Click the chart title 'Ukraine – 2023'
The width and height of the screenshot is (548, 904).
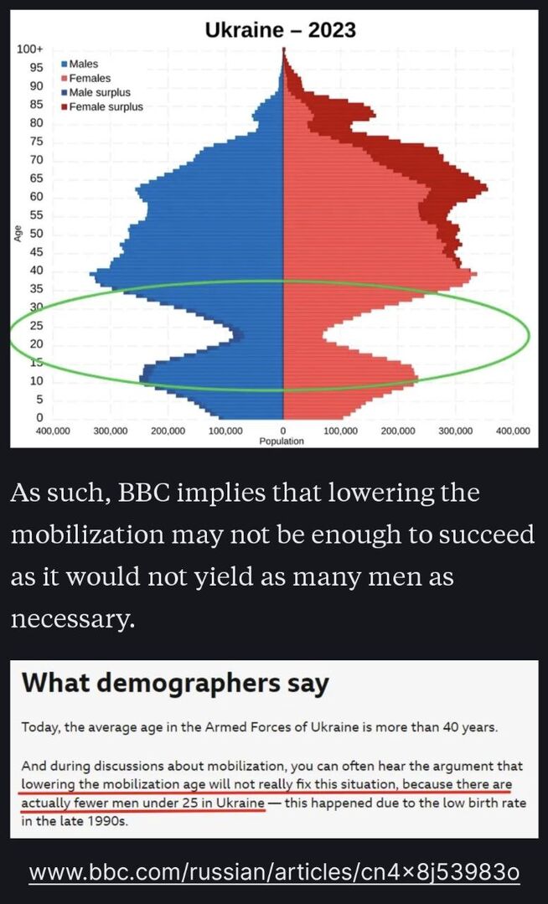(281, 30)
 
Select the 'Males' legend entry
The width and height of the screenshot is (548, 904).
(83, 64)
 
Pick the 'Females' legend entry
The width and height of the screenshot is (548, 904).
(89, 78)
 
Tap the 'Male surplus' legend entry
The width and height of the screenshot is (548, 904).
(99, 92)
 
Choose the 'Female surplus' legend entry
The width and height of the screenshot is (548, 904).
(106, 106)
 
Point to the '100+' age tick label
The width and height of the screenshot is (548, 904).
(30, 50)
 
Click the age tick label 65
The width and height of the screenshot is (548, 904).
(37, 178)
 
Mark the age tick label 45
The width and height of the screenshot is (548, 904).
(37, 251)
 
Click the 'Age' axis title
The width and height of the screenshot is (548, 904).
(18, 234)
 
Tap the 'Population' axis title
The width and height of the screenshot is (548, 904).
(282, 441)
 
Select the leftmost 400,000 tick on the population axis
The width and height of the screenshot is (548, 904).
(52, 431)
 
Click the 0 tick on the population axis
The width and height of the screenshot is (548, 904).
(283, 431)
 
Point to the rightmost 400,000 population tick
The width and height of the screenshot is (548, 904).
(513, 431)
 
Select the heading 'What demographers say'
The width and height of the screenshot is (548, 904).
(175, 683)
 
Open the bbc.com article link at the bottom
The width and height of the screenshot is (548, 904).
(274, 872)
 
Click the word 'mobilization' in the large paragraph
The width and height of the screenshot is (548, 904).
(106, 535)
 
